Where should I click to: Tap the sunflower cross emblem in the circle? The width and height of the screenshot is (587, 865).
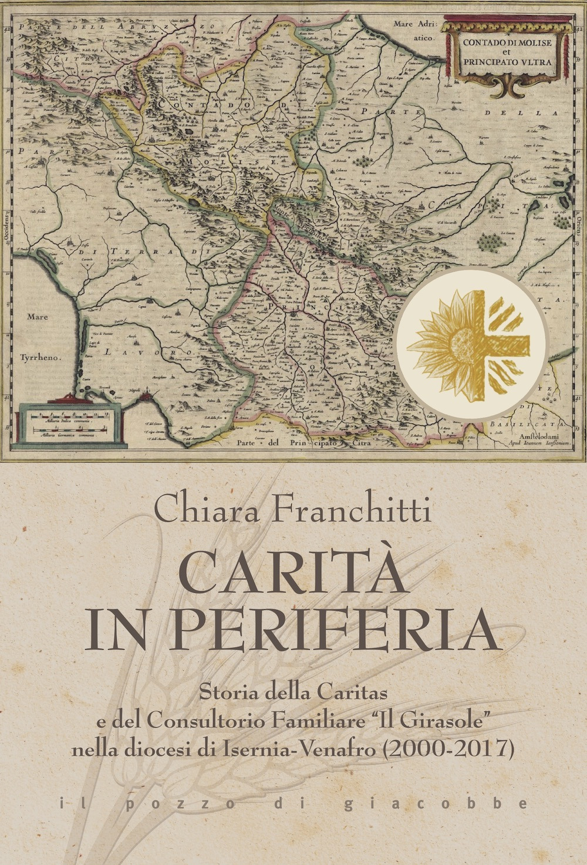point(476,342)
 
